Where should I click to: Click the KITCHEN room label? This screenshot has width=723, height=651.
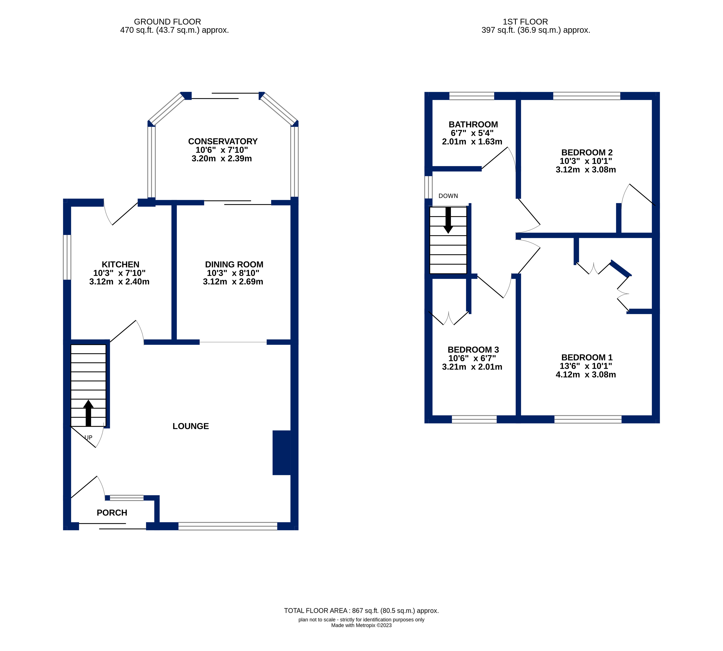click(120, 264)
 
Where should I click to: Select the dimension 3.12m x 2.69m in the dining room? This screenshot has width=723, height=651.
click(233, 282)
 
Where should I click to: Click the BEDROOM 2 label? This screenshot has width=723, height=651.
click(587, 152)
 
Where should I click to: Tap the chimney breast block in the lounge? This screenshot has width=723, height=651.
click(282, 453)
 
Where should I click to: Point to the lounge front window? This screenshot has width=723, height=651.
click(228, 526)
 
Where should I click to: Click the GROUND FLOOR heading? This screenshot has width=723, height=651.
click(167, 22)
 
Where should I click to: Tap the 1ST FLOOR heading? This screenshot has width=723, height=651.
click(525, 22)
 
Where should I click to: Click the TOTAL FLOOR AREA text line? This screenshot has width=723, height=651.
click(361, 611)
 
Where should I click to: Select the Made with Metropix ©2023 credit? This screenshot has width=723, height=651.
click(361, 625)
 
